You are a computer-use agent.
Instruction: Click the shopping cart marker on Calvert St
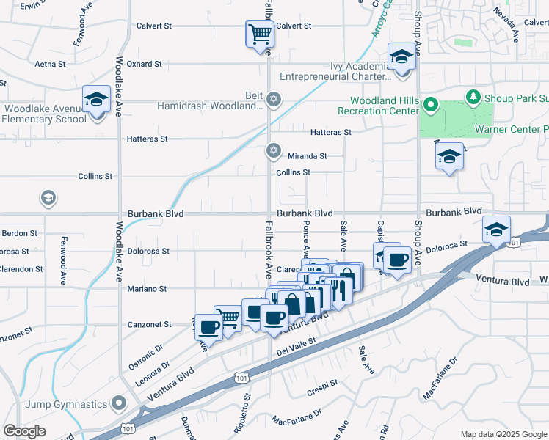(x=259, y=34)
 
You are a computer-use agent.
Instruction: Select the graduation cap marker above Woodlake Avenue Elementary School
(x=95, y=100)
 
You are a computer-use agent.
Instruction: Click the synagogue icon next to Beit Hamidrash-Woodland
(x=274, y=99)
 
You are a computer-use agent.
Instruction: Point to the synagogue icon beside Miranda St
(x=274, y=150)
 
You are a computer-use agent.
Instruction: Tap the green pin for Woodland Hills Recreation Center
(x=431, y=106)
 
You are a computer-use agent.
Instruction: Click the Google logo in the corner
(x=24, y=431)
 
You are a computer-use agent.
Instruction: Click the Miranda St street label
(x=307, y=156)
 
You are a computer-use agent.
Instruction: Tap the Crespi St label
(x=323, y=382)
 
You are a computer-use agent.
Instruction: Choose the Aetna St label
(x=51, y=65)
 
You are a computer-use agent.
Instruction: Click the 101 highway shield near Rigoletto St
(x=240, y=377)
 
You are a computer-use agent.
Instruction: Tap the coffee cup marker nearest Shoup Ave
(x=397, y=260)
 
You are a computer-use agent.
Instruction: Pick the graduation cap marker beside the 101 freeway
(x=496, y=230)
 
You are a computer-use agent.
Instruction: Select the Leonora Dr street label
(x=153, y=373)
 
